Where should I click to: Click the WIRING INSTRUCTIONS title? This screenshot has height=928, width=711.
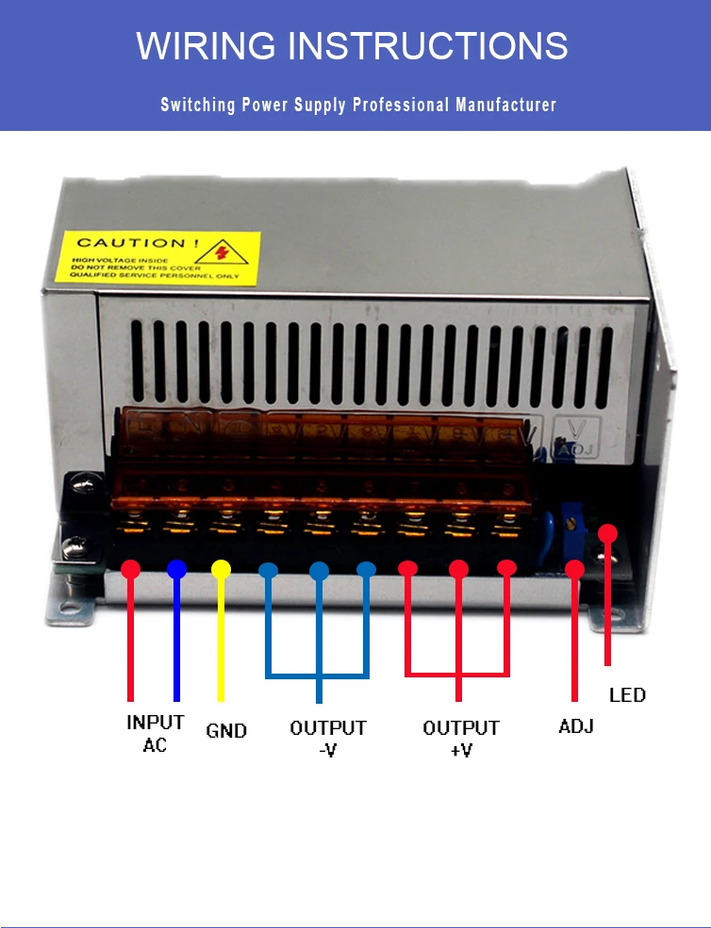click(x=352, y=45)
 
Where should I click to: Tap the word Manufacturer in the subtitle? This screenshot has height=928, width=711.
click(x=506, y=105)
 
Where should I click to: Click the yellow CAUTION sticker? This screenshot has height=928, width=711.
click(x=156, y=257)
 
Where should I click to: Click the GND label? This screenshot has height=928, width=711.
click(x=226, y=731)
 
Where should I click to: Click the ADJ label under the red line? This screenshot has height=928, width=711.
click(x=575, y=727)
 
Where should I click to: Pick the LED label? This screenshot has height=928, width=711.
click(x=627, y=695)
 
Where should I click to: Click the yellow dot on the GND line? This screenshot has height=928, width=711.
click(x=221, y=569)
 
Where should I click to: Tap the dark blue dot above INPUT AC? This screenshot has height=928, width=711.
click(x=176, y=569)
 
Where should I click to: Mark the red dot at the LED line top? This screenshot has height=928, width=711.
click(x=608, y=533)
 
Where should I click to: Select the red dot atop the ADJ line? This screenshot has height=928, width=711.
click(x=574, y=569)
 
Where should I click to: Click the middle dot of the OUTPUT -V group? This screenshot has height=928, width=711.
click(x=319, y=569)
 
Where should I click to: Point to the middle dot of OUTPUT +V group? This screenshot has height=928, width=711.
click(x=458, y=569)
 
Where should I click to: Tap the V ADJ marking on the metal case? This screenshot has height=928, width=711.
click(x=572, y=437)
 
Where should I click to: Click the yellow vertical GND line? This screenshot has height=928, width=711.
click(x=221, y=641)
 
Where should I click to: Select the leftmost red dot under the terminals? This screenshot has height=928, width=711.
click(x=131, y=569)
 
